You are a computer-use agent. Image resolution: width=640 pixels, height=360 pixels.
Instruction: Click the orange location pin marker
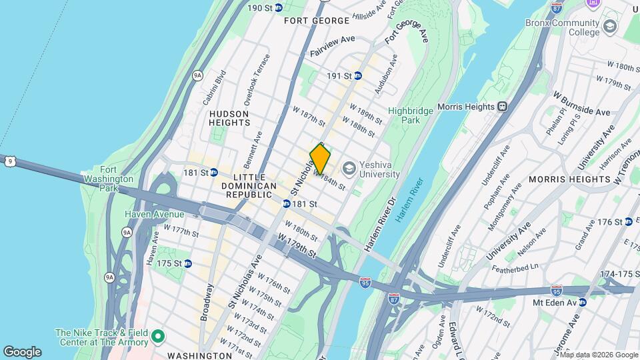click(x=320, y=159)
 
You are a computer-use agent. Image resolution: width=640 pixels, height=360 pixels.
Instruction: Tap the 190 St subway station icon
click(x=279, y=7)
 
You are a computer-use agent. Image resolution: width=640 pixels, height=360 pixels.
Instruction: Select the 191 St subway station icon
click(x=357, y=75)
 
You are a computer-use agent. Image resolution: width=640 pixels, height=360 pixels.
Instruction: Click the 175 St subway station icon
click(x=188, y=263)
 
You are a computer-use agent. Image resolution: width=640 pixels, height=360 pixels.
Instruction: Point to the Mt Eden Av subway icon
click(x=582, y=302)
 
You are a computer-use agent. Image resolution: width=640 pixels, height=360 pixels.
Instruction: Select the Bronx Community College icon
click(x=609, y=27)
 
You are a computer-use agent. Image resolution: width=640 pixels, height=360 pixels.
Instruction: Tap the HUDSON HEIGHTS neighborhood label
click(x=229, y=119)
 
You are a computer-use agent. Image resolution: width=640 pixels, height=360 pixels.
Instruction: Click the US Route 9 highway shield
click(x=9, y=161)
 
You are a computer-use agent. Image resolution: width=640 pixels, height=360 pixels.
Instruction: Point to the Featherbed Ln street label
click(x=517, y=266)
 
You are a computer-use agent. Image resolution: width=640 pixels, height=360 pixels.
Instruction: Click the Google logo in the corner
click(x=22, y=352)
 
